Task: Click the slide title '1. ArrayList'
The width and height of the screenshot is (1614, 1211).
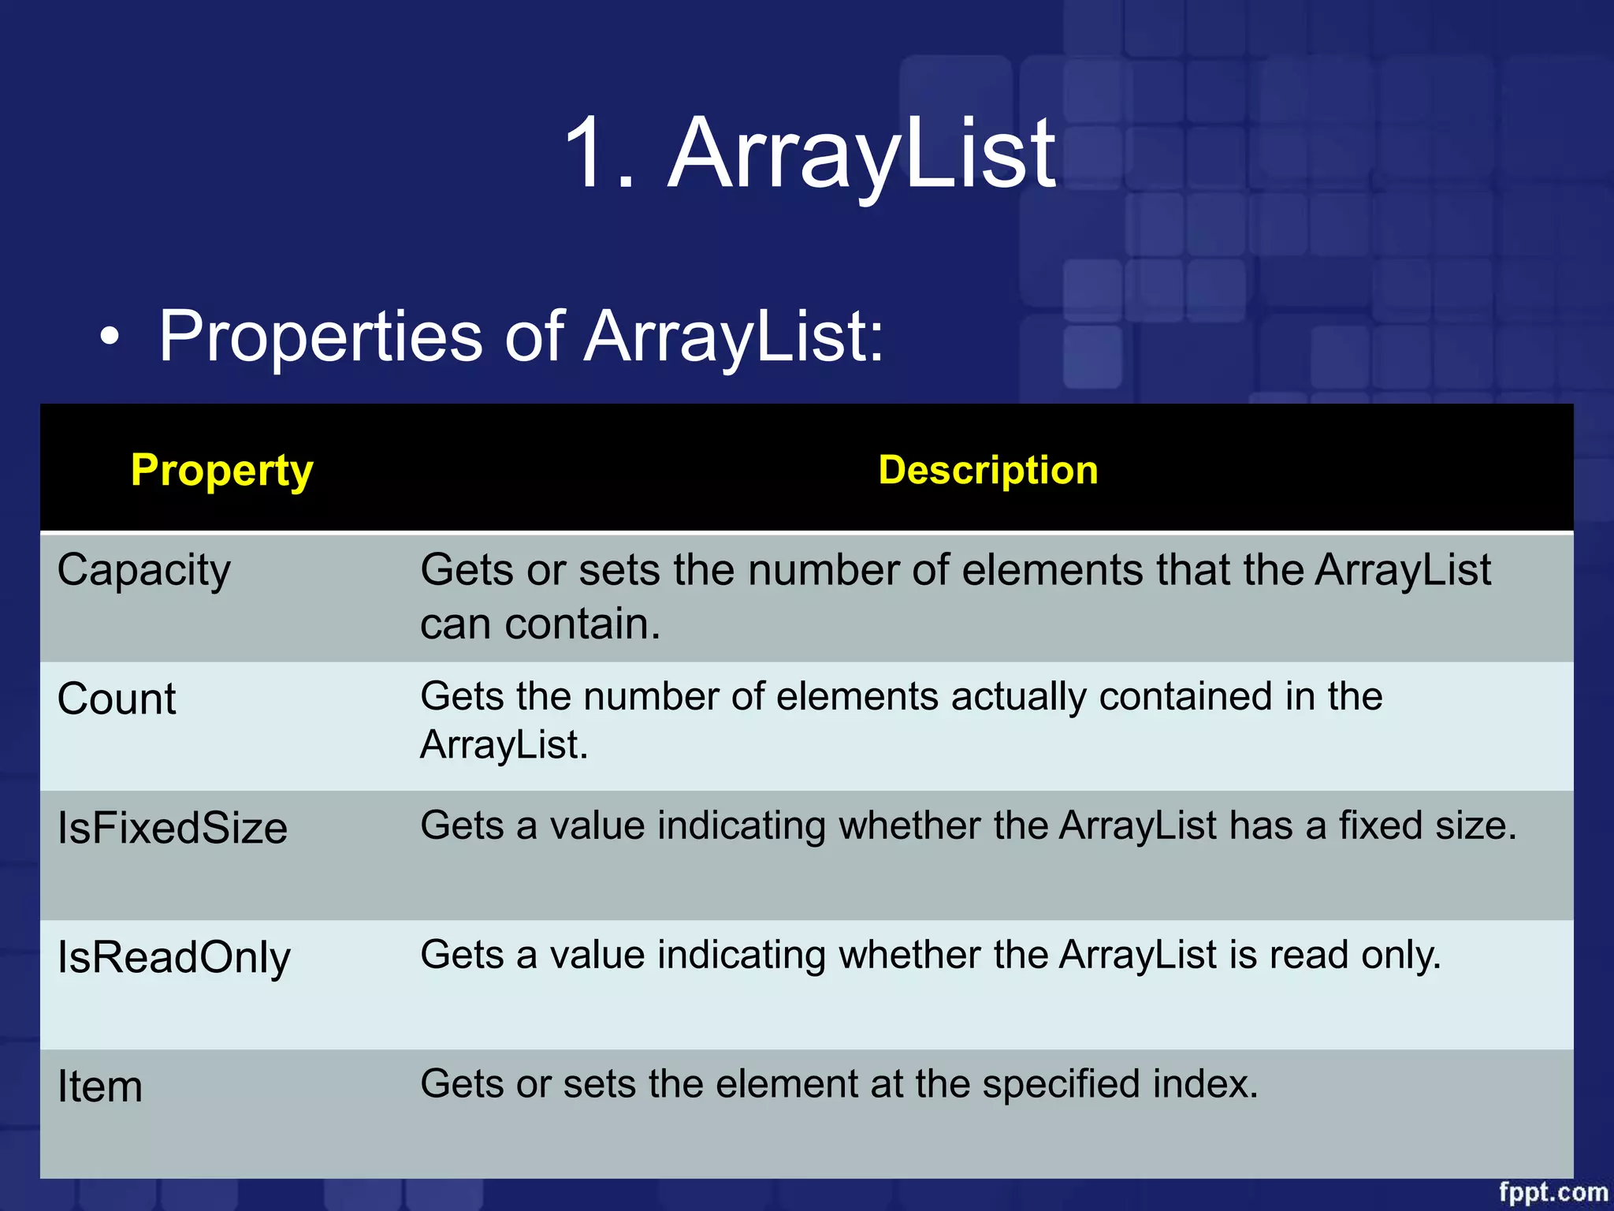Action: (809, 153)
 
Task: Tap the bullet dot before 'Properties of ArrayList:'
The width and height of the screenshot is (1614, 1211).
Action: (110, 337)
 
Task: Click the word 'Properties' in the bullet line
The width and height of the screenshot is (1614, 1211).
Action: (320, 337)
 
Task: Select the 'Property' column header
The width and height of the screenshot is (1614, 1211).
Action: (222, 471)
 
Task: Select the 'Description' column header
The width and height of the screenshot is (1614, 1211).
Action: (988, 471)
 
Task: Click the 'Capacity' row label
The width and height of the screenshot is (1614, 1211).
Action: (144, 570)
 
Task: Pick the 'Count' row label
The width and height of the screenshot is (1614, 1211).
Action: (117, 699)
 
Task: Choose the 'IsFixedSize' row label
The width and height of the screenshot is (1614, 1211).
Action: (173, 829)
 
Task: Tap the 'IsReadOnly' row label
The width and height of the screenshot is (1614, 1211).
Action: (174, 958)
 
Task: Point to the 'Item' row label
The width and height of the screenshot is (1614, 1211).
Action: (100, 1087)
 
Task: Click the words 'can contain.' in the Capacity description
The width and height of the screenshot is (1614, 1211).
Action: (540, 624)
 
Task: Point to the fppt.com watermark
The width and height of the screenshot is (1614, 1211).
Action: (1553, 1192)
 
